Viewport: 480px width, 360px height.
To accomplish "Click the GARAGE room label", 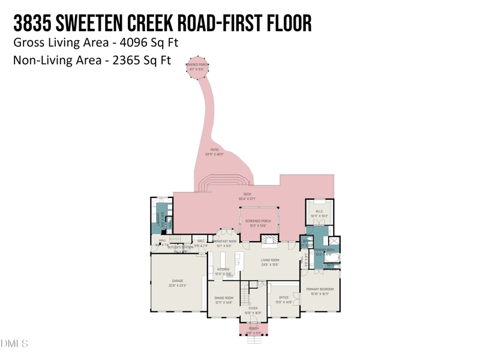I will coord(178,281).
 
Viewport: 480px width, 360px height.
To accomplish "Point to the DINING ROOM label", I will coord(224,298).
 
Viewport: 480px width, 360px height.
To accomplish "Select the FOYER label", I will coord(253,308).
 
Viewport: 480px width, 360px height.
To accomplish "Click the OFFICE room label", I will coord(284,298).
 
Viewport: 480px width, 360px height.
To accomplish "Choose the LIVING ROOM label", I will coord(270,260).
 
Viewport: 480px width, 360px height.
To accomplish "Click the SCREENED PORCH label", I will coord(258,221).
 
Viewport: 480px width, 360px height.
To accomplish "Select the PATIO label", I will coord(214,150).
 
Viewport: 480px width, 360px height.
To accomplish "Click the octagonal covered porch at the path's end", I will coord(197,67).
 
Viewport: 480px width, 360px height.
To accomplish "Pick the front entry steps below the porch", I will coord(254,339).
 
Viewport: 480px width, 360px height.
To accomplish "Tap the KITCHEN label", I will coord(223,269).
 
